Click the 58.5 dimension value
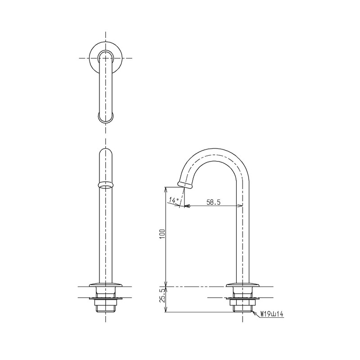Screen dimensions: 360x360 coord(213,202)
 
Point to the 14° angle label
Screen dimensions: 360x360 coord(174,199)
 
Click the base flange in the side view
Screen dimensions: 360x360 coord(243,284)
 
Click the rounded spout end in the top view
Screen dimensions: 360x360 coord(105,118)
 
